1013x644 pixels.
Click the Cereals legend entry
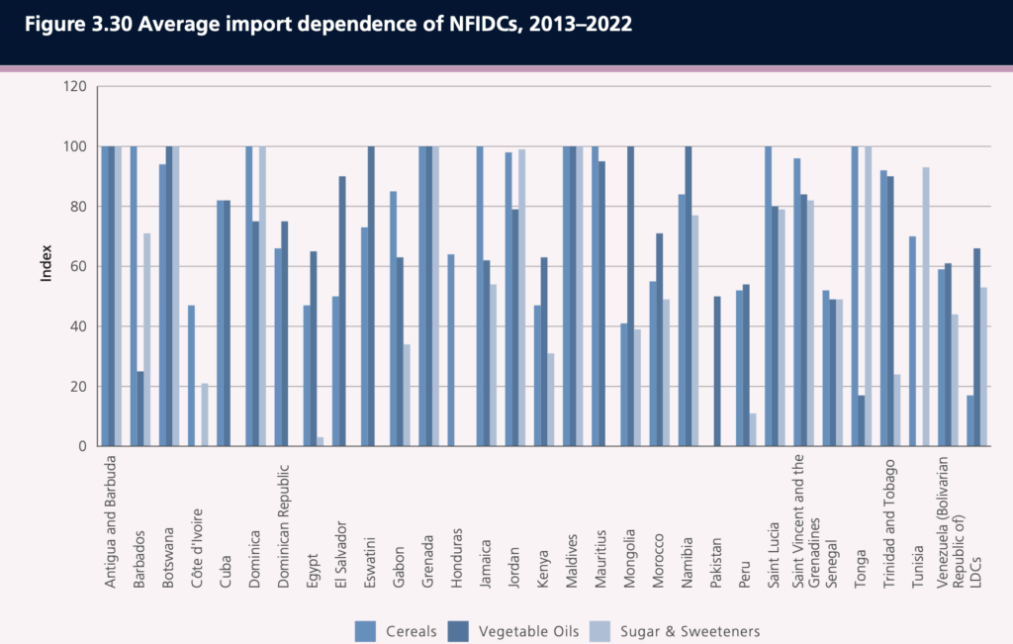click(x=395, y=630)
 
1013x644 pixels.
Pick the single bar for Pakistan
click(x=715, y=371)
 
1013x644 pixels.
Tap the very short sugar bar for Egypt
click(x=321, y=441)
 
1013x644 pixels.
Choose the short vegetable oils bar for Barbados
click(x=140, y=409)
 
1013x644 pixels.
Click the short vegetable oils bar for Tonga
click(x=862, y=420)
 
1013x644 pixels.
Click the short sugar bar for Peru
click(x=753, y=429)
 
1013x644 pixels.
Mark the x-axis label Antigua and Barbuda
click(x=111, y=518)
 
